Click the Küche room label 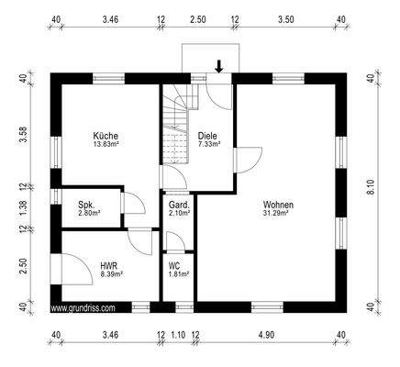pyautogui.click(x=106, y=136)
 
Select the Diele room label pyautogui.click(x=208, y=136)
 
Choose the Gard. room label pyautogui.click(x=178, y=204)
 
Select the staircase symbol pyautogui.click(x=174, y=128)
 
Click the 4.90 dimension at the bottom pyautogui.click(x=266, y=337)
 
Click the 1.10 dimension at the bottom pyautogui.click(x=178, y=337)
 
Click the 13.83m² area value pyautogui.click(x=106, y=145)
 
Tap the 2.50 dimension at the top pyautogui.click(x=197, y=18)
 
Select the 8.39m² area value pyautogui.click(x=109, y=273)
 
